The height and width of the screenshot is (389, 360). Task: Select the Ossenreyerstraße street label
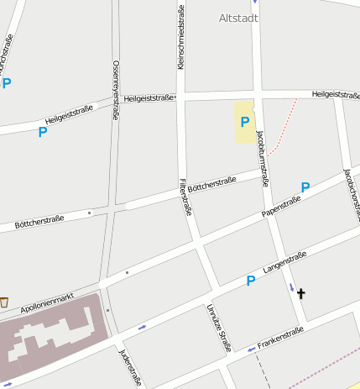tap(115, 91)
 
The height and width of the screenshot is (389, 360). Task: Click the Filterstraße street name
tap(185, 198)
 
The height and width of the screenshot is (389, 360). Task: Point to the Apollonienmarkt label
tap(48, 303)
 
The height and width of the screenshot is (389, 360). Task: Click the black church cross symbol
tap(300, 293)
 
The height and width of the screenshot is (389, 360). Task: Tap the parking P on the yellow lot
tap(245, 123)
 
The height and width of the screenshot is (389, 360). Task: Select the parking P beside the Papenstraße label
tap(305, 187)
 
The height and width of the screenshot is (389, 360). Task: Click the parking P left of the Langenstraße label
tap(250, 281)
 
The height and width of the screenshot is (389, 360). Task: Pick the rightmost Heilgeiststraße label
tap(335, 94)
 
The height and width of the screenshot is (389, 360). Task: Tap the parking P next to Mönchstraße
tap(7, 83)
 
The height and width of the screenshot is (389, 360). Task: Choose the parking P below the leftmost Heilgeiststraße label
tap(42, 132)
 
